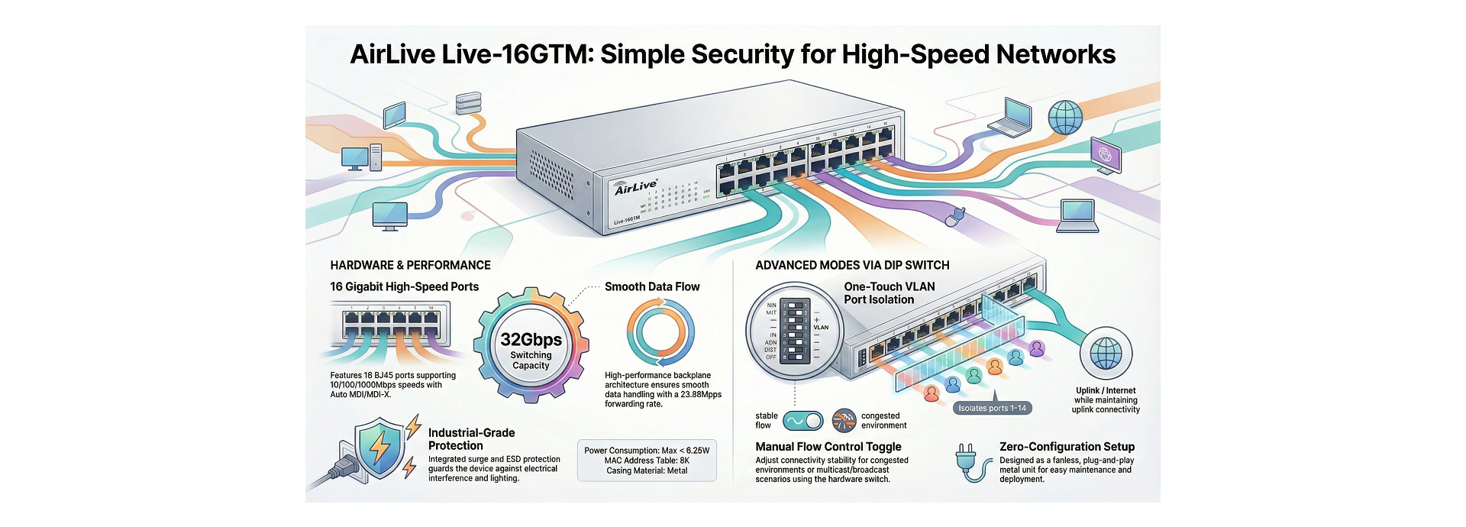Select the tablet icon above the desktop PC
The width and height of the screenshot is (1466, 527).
tap(394, 115)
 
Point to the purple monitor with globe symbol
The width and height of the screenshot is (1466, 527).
tap(1105, 155)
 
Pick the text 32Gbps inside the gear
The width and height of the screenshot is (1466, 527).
tap(531, 340)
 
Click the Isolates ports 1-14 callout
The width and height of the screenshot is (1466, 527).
tap(993, 408)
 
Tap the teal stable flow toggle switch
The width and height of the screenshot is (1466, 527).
tap(804, 421)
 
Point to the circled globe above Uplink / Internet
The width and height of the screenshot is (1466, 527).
tap(1106, 354)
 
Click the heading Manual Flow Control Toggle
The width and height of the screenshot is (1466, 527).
tap(828, 447)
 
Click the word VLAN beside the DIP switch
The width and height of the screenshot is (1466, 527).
tap(821, 328)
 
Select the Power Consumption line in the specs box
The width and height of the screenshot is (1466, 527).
tap(647, 451)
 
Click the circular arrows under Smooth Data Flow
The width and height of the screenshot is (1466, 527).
tap(660, 333)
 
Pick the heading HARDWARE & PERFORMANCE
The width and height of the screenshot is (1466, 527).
tap(410, 265)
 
